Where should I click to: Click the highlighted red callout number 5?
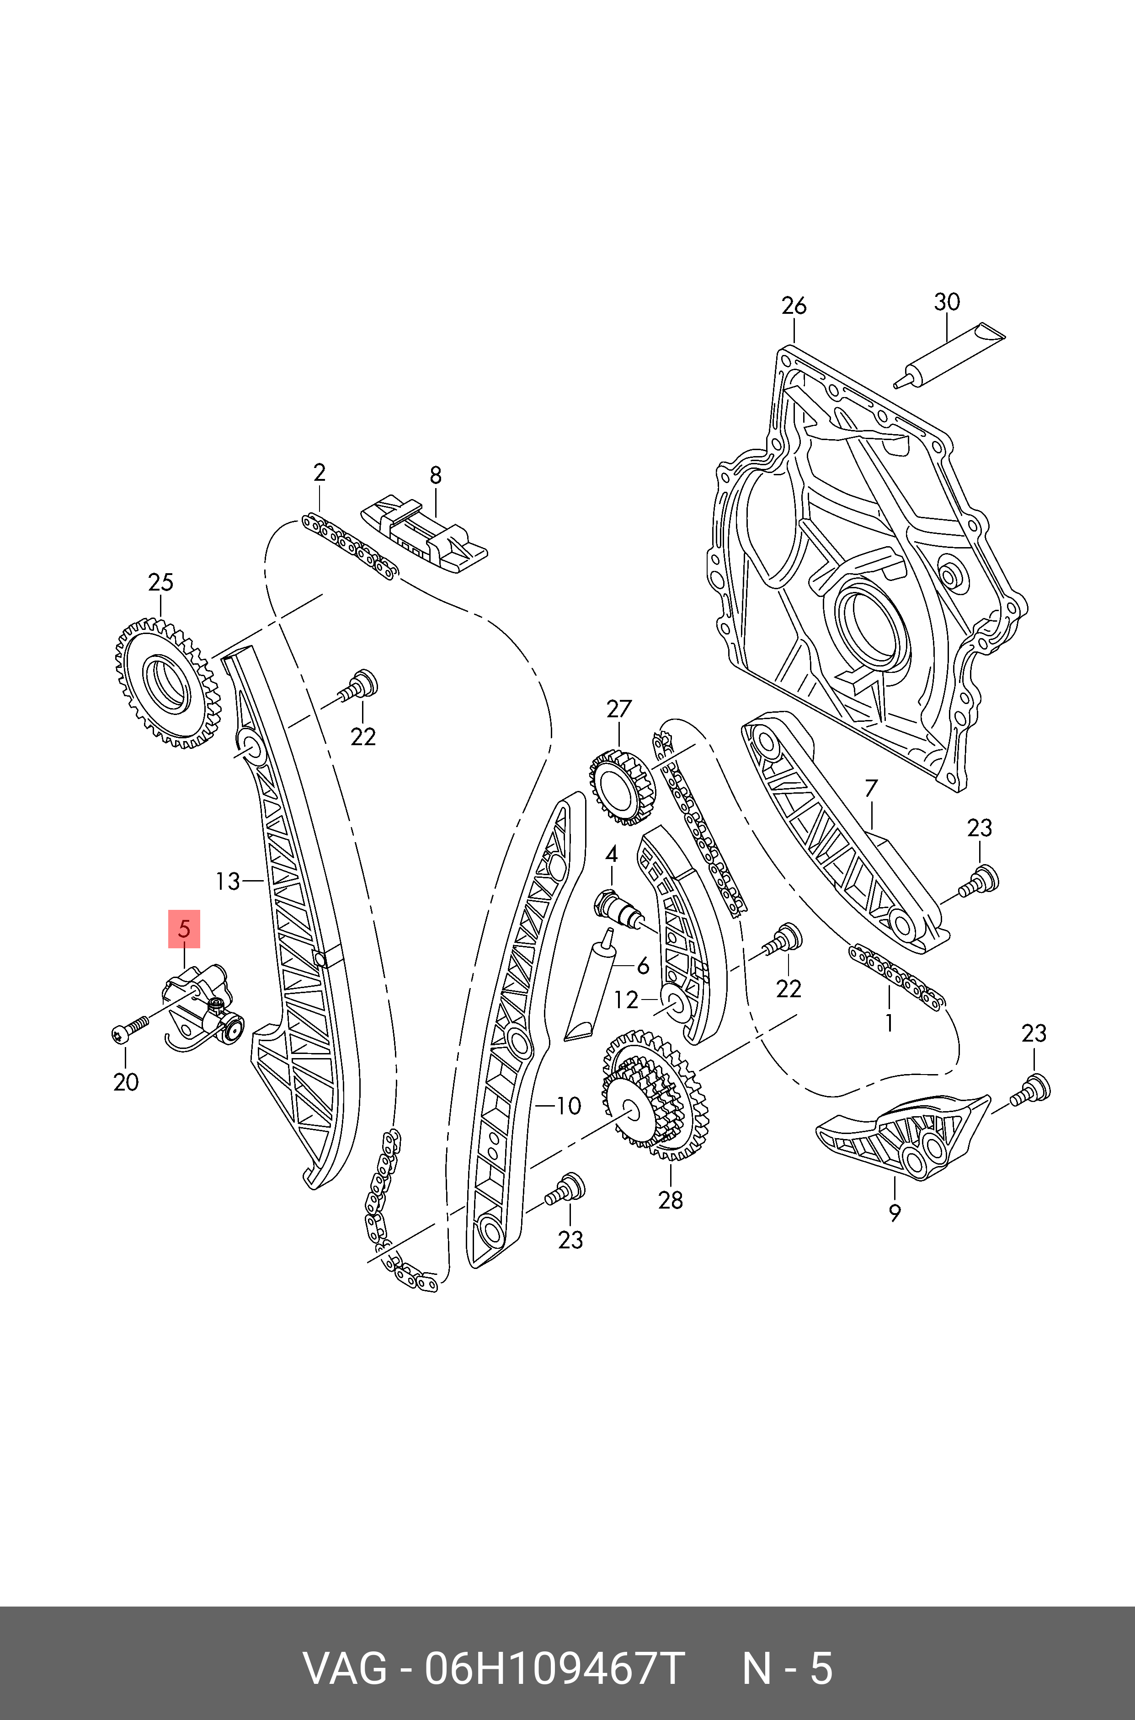(x=184, y=929)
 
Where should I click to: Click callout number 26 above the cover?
(x=794, y=306)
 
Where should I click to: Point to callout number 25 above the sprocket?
(x=161, y=582)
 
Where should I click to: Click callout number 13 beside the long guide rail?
(x=227, y=881)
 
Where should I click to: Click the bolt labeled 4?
(x=615, y=909)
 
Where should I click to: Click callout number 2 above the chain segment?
(x=319, y=473)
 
